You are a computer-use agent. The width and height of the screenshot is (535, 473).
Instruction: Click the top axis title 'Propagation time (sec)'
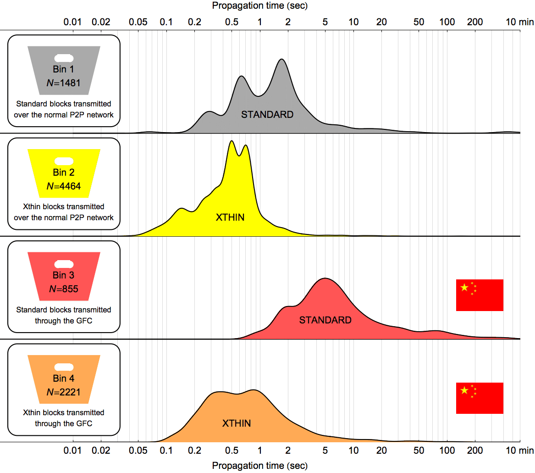259,6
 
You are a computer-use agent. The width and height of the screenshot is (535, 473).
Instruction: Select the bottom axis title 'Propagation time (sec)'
259,466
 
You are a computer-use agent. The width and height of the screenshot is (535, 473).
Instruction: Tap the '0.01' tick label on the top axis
72,22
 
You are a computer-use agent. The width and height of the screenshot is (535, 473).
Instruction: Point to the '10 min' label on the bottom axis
520,451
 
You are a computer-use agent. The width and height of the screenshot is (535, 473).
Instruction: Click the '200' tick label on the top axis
474,22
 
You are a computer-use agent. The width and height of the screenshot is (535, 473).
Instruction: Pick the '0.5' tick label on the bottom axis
232,451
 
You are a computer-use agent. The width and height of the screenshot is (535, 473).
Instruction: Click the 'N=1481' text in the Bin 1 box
63,83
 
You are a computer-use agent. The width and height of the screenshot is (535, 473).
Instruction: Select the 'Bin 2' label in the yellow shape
63,172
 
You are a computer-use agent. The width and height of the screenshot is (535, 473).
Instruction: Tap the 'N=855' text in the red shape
63,289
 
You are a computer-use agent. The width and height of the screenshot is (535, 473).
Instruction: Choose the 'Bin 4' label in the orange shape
63,378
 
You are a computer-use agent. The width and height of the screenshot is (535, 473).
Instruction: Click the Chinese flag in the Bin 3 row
480,295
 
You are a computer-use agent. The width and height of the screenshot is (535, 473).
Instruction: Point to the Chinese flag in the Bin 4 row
480,398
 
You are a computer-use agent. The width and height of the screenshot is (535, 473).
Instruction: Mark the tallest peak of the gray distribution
281,60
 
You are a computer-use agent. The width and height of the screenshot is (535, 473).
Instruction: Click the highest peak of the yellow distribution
232,141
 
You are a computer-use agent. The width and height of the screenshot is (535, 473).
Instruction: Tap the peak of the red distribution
325,278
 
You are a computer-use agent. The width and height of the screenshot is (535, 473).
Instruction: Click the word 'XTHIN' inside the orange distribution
237,423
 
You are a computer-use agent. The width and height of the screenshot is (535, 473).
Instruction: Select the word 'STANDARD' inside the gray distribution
267,115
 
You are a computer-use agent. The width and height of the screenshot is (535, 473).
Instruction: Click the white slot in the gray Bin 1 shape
64,58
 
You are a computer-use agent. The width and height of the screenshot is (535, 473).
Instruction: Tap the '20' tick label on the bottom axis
381,451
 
